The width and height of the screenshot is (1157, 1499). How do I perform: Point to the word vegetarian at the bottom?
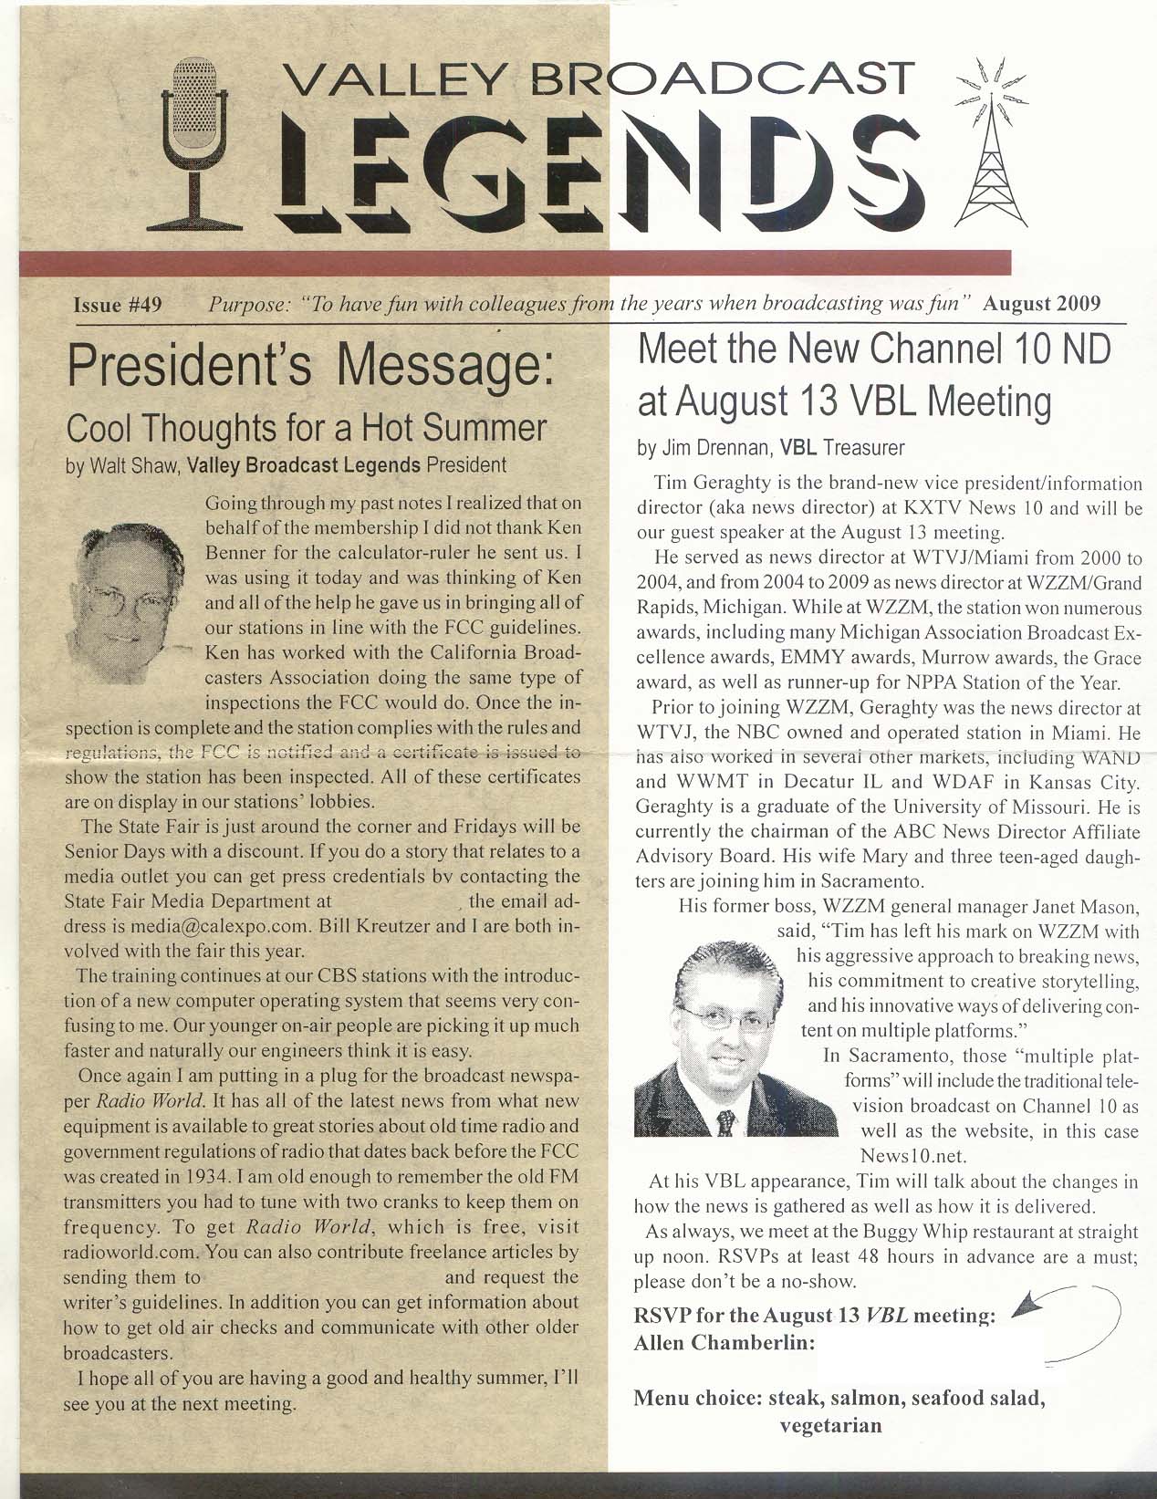(x=831, y=1425)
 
